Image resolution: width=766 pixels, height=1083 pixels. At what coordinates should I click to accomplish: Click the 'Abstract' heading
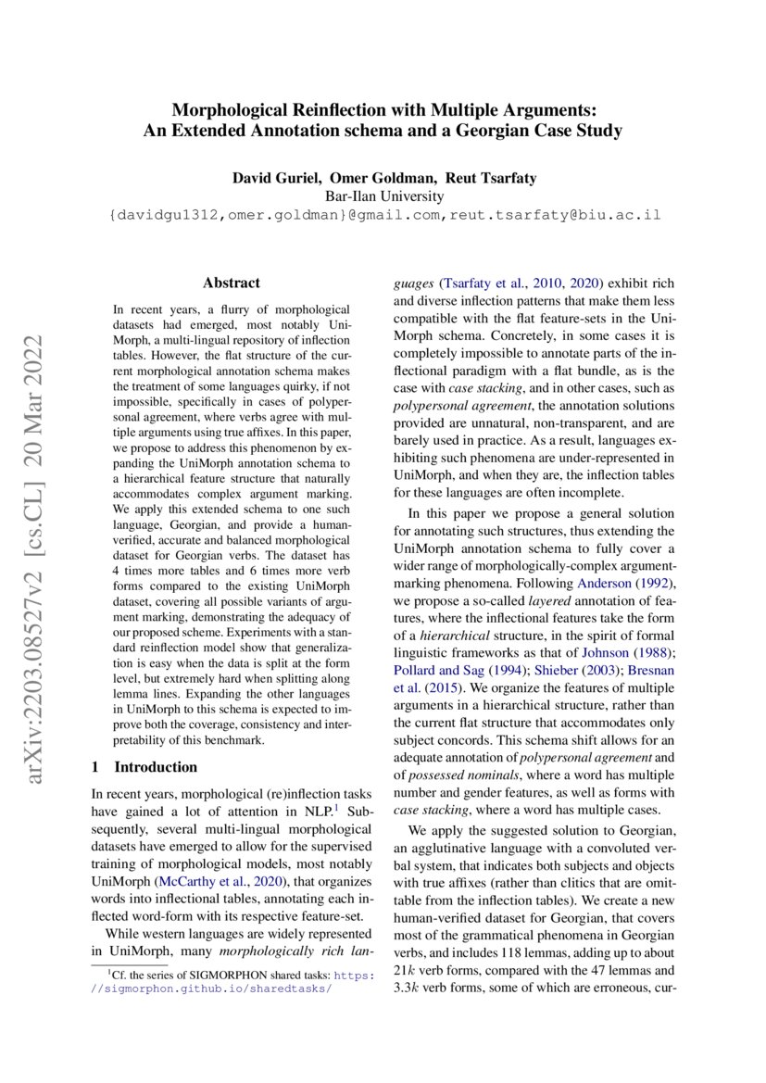tap(232, 283)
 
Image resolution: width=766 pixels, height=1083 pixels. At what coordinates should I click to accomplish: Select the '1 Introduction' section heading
tap(144, 767)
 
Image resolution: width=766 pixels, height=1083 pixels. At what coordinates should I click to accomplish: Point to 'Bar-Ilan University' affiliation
tap(383, 196)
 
